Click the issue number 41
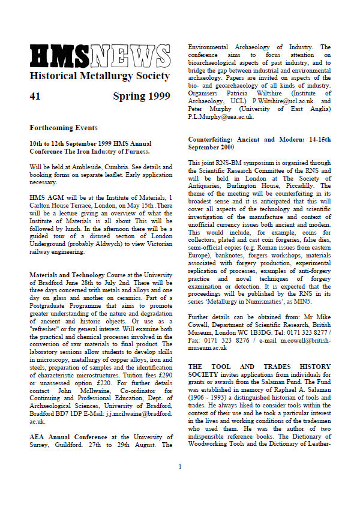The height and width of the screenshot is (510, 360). (x=35, y=97)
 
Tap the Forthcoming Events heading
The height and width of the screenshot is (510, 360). (x=63, y=128)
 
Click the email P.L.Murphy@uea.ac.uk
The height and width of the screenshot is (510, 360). (x=221, y=117)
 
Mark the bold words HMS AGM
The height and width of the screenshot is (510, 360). (x=45, y=196)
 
